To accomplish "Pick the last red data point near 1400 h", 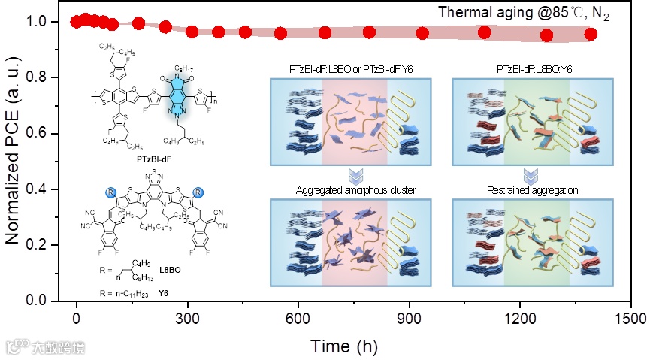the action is (591, 34).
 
